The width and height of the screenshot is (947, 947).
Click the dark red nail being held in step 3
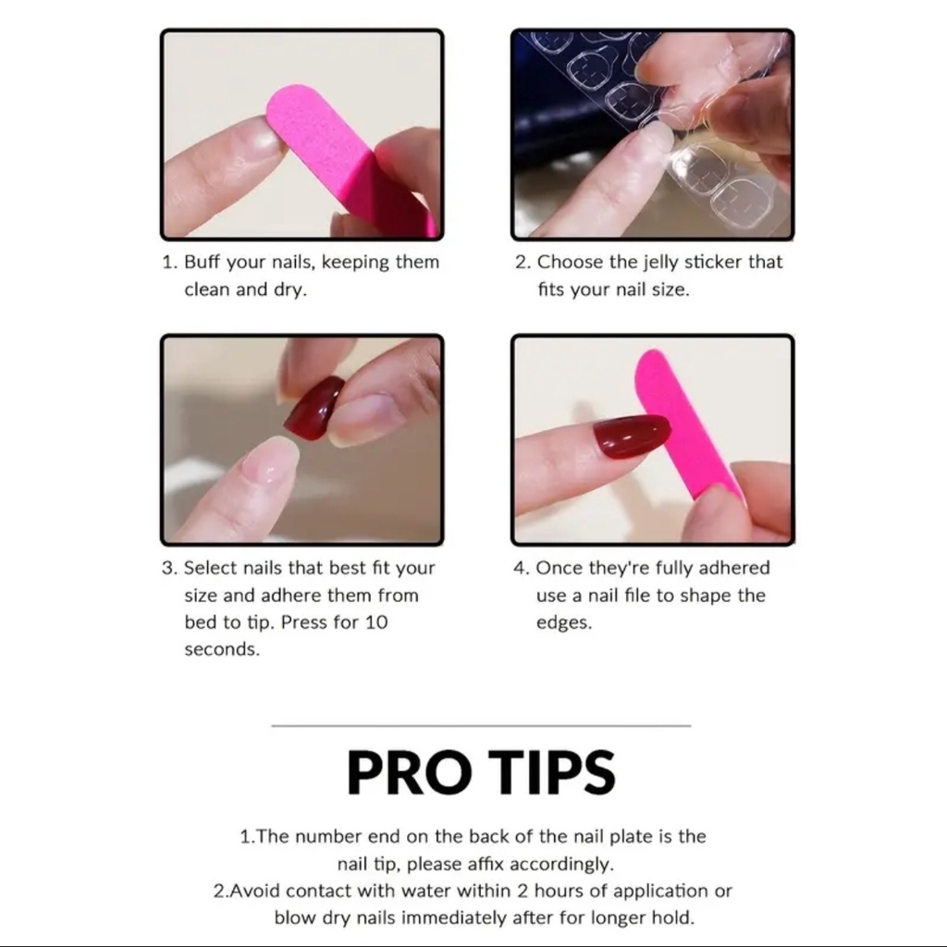(313, 409)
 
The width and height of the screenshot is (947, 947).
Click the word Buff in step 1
(203, 262)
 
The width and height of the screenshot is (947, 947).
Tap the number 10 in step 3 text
(375, 621)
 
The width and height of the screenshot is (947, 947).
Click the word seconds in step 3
(222, 649)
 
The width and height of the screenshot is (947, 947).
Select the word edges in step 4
(562, 622)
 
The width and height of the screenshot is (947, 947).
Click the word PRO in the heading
(411, 773)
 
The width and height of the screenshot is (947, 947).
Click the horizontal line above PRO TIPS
(481, 726)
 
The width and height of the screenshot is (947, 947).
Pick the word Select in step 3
(210, 568)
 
